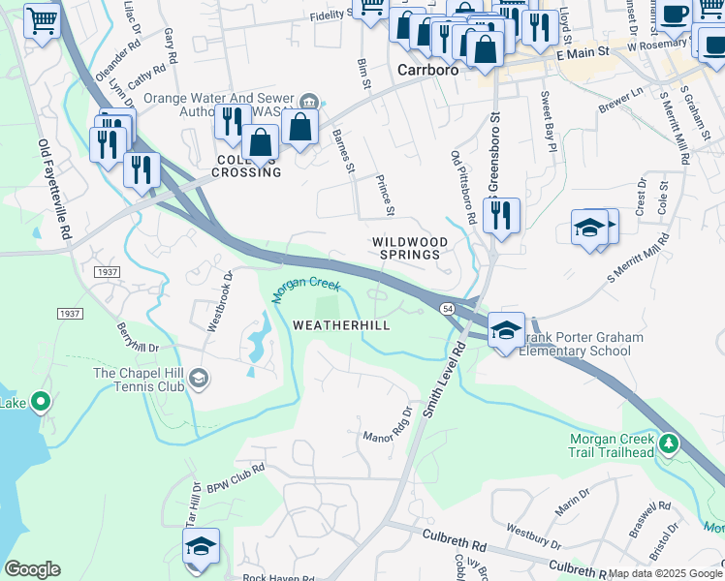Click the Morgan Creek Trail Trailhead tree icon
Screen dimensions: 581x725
click(668, 443)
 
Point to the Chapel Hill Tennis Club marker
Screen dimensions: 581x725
click(199, 377)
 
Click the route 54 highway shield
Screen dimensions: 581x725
click(448, 307)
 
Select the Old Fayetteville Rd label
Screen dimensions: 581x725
click(54, 190)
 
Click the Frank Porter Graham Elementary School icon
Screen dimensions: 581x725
click(506, 329)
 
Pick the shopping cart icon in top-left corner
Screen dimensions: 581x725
click(42, 21)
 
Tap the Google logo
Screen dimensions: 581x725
click(31, 569)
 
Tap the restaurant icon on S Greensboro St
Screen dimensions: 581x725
click(501, 217)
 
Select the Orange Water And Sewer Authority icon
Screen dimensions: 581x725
click(309, 101)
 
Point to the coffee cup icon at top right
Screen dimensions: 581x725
click(676, 15)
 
